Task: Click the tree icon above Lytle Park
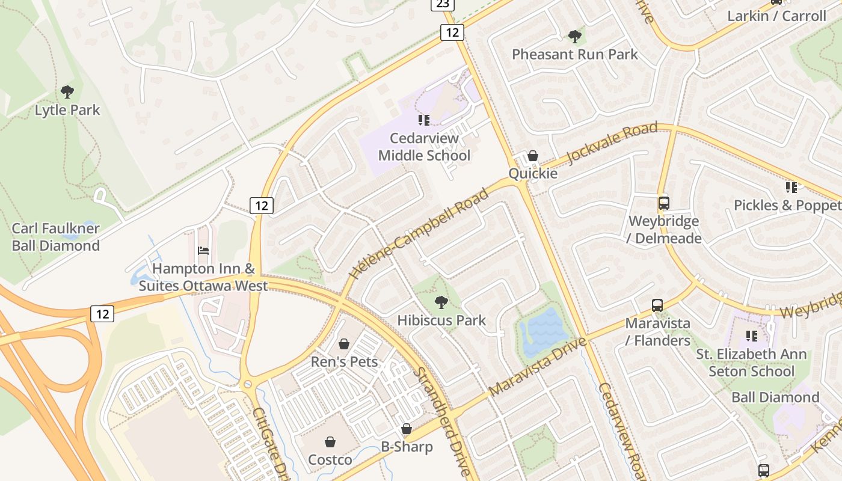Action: (67, 92)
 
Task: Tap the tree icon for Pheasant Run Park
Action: (575, 36)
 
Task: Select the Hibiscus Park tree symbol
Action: (441, 302)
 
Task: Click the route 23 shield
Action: (442, 4)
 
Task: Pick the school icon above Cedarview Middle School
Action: (424, 120)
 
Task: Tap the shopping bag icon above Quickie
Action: (532, 156)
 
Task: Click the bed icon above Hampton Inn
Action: (203, 251)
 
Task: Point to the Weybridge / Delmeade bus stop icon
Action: (664, 203)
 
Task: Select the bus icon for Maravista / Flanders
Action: (657, 305)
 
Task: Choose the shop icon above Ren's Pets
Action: (344, 344)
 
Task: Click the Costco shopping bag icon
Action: (330, 443)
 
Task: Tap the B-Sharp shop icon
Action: (407, 429)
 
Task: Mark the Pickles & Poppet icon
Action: (791, 188)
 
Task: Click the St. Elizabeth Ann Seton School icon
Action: (751, 335)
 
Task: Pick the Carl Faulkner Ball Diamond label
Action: (56, 237)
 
